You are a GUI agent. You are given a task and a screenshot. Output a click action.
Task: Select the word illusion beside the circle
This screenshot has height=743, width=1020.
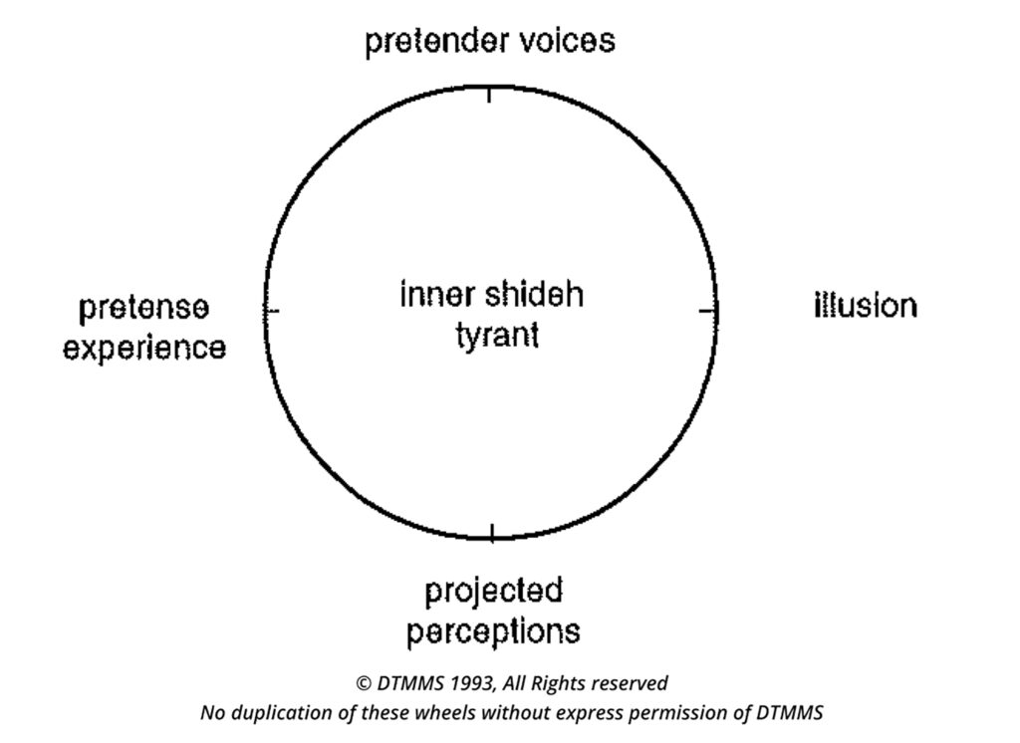coord(865,305)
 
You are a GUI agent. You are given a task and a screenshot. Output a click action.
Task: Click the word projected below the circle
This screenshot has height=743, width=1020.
coord(493,592)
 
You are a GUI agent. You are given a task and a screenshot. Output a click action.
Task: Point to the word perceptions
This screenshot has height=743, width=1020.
coord(493,631)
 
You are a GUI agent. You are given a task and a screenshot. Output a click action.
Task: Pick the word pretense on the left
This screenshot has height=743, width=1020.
coord(144,308)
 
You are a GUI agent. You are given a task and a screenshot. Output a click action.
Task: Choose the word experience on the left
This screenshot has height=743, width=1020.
coord(144,349)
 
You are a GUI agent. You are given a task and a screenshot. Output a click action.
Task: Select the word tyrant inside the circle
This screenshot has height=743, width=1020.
coord(497,335)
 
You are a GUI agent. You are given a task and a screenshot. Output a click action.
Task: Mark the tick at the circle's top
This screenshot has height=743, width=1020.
coord(489,95)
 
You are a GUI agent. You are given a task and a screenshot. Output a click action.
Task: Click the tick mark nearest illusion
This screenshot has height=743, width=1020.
coord(708,312)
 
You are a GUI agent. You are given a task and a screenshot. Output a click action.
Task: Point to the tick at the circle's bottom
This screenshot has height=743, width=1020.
coord(491,533)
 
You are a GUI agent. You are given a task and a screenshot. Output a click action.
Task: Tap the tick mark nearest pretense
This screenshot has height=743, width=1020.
coord(272,312)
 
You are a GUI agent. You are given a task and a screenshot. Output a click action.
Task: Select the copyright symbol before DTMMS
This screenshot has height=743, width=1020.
coord(364,683)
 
